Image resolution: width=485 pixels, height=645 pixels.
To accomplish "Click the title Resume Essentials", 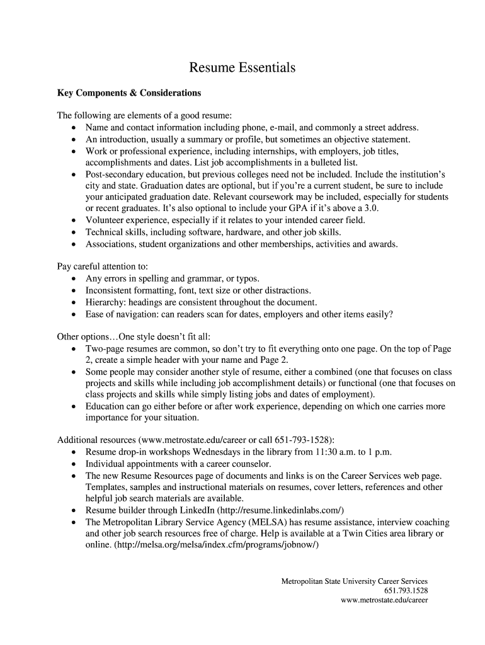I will click(243, 67).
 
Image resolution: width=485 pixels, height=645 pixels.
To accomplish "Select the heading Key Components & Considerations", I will click(129, 93).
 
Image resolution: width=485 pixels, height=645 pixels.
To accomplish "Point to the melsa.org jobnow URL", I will click(217, 545).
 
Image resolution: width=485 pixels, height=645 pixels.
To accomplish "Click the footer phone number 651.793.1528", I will click(406, 591).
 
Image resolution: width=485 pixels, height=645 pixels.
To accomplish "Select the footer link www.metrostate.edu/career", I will click(384, 600).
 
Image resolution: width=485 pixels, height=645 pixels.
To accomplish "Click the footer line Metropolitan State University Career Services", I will click(354, 581).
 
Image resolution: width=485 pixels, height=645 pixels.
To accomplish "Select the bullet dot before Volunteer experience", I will click(74, 220).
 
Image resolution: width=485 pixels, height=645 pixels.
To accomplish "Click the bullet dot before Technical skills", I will click(74, 232).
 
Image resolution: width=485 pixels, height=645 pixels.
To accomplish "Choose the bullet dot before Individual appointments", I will click(74, 464).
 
